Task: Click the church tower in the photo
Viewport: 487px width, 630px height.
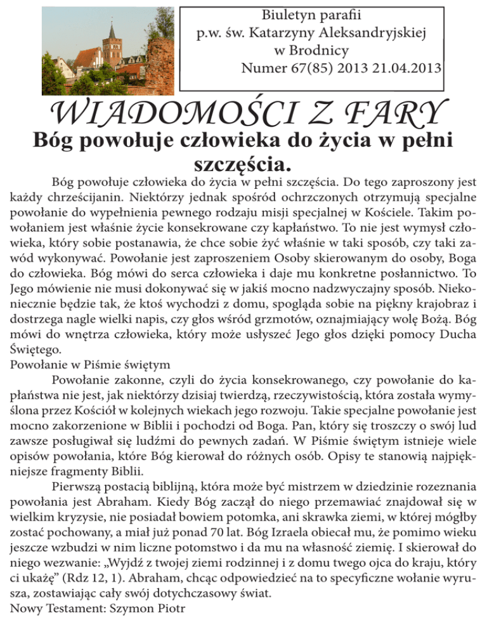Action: tap(111, 44)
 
